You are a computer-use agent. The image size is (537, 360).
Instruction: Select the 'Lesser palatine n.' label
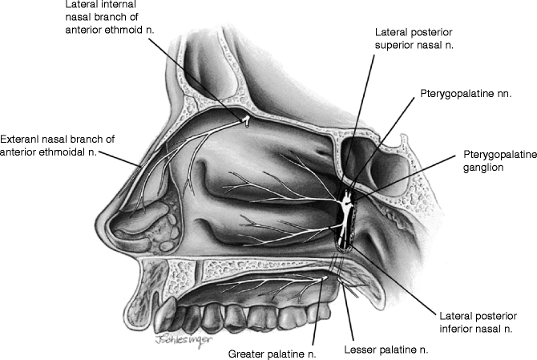(386, 350)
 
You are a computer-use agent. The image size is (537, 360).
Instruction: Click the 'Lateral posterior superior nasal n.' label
(414, 38)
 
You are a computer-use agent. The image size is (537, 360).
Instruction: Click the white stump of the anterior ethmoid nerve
(248, 121)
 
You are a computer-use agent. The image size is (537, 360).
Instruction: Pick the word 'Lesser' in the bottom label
(361, 350)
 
